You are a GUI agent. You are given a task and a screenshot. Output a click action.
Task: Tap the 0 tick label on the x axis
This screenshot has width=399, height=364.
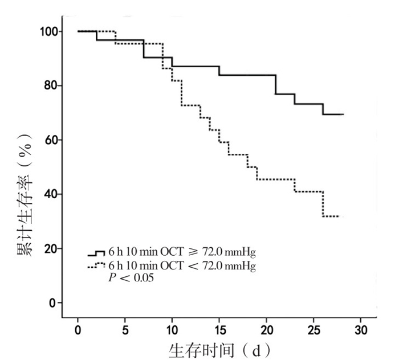tap(78, 330)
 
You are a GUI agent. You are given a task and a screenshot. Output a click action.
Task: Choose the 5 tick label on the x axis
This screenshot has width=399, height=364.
tap(125, 330)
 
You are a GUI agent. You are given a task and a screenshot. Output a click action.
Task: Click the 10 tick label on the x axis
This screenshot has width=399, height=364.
tap(172, 330)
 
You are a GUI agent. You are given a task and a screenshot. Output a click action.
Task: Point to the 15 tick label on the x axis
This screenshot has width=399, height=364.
tap(219, 330)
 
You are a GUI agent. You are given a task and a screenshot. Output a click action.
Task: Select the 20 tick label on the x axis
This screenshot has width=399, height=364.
tap(266, 330)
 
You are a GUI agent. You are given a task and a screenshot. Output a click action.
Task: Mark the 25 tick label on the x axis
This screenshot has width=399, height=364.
tap(313, 330)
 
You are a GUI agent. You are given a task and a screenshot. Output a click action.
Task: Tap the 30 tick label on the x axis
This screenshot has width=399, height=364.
tap(360, 330)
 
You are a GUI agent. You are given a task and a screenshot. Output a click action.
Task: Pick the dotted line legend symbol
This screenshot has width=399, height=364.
tap(96, 265)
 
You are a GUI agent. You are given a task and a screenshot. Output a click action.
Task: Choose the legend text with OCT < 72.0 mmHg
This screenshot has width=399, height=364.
tap(178, 265)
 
